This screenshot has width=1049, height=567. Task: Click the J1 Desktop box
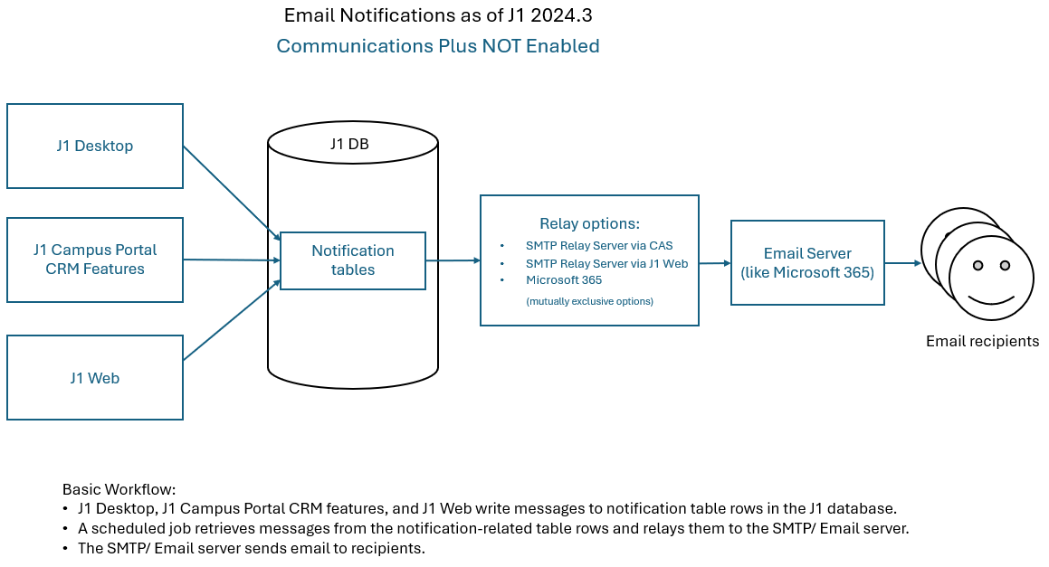[x=95, y=146]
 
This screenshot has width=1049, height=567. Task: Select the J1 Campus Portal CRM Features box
[x=95, y=260]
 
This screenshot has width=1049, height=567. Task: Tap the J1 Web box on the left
[x=95, y=378]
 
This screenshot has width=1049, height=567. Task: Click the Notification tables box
[x=353, y=260]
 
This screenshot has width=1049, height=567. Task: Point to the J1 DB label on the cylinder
[x=349, y=145]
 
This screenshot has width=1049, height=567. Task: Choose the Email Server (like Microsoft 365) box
[x=807, y=262]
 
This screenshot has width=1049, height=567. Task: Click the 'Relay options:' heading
[x=589, y=223]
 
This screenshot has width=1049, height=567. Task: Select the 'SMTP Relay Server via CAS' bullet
[x=598, y=245]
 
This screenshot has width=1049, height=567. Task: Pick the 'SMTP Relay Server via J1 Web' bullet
[x=606, y=263]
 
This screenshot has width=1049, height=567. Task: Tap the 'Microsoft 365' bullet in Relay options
[x=563, y=280]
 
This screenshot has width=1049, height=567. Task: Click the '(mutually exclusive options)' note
[x=589, y=301]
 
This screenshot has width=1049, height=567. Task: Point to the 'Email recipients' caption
[x=982, y=341]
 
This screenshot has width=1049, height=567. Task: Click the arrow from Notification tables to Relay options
[x=453, y=260]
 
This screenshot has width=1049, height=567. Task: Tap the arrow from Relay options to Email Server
[x=715, y=263]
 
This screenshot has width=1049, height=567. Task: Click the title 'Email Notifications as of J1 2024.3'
[x=438, y=15]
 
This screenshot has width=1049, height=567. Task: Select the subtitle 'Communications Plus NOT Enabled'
[x=438, y=45]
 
